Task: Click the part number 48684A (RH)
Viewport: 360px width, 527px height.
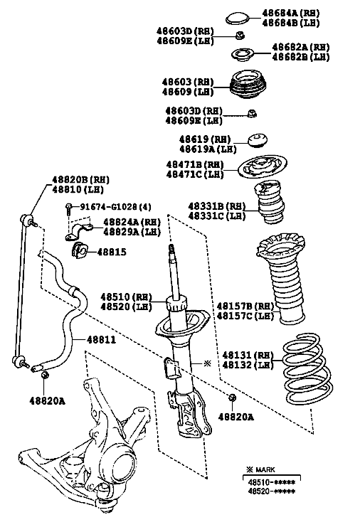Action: (x=290, y=13)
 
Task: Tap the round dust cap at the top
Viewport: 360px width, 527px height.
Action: (x=237, y=18)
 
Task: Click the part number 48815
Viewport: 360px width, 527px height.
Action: (x=112, y=252)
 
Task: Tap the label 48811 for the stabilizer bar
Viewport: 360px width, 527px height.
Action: (x=101, y=340)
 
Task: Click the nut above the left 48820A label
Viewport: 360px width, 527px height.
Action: (x=44, y=375)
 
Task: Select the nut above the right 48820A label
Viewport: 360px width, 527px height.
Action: (x=232, y=398)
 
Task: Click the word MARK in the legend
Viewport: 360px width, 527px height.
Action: (x=265, y=470)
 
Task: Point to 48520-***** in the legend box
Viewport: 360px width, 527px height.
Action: (x=272, y=491)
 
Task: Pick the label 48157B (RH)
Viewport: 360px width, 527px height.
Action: (x=245, y=307)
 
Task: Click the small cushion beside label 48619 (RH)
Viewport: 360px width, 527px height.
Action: (x=258, y=140)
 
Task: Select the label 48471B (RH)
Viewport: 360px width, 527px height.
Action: (x=195, y=165)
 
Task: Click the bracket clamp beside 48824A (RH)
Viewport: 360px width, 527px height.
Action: (x=79, y=231)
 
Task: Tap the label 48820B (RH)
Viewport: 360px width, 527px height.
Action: (x=80, y=180)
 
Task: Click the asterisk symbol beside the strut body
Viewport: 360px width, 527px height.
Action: (x=208, y=363)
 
